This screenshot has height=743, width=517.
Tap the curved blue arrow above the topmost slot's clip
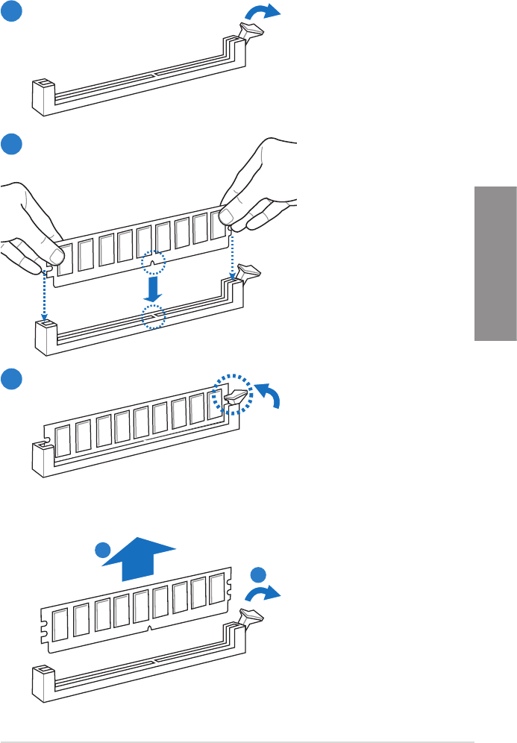click(267, 11)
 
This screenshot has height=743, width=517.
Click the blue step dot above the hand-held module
click(11, 144)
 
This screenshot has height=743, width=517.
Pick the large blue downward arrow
click(153, 286)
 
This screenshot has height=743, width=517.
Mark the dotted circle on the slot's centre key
click(153, 316)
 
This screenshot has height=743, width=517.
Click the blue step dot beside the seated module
click(11, 378)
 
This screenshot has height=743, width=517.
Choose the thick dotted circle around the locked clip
click(232, 394)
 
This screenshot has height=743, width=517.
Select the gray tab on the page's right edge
click(495, 264)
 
